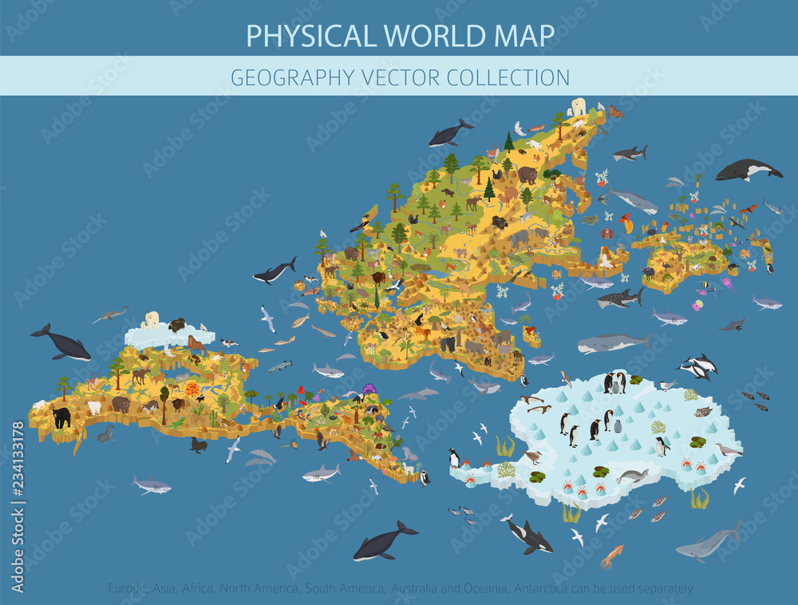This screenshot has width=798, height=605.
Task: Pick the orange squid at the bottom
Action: tap(611, 556)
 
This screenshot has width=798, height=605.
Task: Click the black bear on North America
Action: tap(61, 416)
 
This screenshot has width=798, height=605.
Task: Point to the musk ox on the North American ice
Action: tap(176, 324)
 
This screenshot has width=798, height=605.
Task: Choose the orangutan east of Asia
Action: tap(607, 233)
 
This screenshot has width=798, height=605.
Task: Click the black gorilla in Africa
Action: tap(448, 344)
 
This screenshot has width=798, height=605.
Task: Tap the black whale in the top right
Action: tap(748, 169)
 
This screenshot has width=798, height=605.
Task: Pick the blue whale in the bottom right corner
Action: tap(708, 543)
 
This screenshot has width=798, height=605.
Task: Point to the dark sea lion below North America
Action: tap(198, 445)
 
